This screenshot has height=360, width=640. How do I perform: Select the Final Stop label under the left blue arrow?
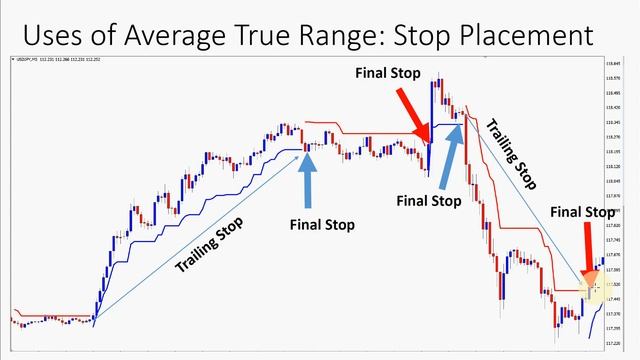tap(322, 223)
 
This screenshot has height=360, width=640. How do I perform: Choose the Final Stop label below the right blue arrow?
tap(429, 200)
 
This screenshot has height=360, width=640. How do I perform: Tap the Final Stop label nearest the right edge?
tap(583, 211)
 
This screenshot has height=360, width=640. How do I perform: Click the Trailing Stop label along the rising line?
tap(208, 244)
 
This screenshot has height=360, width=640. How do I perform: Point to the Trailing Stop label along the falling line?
tap(511, 154)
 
